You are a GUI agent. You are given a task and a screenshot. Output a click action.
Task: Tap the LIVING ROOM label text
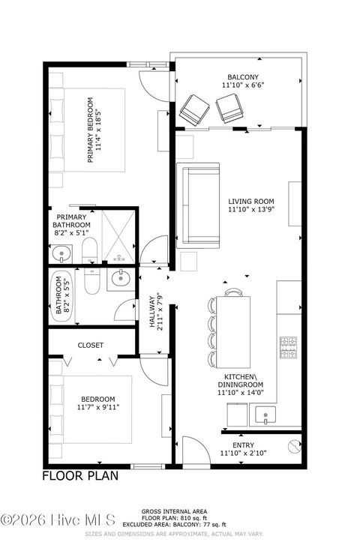click(251, 202)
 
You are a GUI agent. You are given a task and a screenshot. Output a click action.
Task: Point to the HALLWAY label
click(151, 311)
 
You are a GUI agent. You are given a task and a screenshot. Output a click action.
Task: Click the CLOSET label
click(91, 346)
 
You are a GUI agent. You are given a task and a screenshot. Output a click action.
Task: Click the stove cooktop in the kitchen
click(289, 347)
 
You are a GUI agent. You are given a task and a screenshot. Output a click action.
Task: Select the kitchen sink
click(264, 414)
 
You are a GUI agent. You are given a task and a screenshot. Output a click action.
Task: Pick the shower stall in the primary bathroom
click(119, 237)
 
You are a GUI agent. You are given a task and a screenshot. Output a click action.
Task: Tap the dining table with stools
click(234, 325)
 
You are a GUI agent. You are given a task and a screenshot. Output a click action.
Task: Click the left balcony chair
click(194, 110)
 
